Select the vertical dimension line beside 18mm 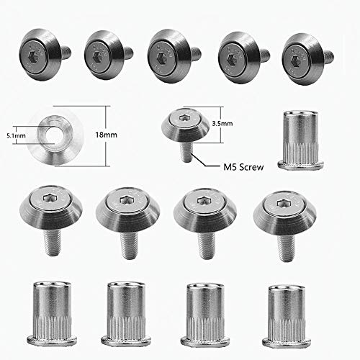coord(107,135)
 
